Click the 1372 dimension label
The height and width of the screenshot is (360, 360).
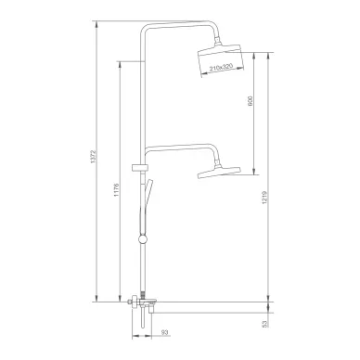(x=96, y=157)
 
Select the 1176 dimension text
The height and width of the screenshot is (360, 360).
(x=116, y=190)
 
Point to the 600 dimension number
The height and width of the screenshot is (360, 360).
(x=251, y=101)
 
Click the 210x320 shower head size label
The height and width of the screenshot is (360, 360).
(x=221, y=68)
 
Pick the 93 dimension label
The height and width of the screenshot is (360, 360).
(x=164, y=332)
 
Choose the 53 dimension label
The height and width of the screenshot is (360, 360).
(x=264, y=324)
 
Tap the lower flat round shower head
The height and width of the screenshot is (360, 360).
(x=219, y=173)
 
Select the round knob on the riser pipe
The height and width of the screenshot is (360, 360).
(x=143, y=239)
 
